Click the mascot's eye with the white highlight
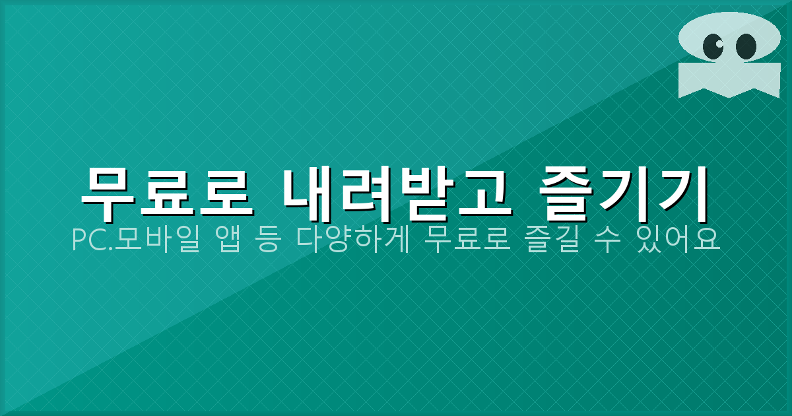point(713,46)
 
